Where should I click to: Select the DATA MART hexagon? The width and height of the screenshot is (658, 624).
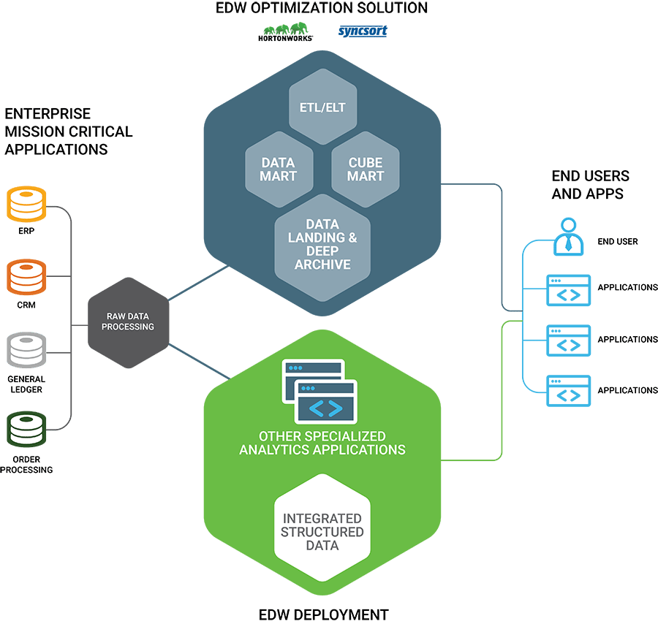point(279,170)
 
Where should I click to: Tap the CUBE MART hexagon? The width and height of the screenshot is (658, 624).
point(366,170)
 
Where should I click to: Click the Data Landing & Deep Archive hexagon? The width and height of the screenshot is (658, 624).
point(322,244)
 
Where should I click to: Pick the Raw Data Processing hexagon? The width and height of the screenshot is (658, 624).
point(128,322)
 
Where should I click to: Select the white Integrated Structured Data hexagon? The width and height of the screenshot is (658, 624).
point(322,530)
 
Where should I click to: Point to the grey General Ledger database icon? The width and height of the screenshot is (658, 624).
point(26,351)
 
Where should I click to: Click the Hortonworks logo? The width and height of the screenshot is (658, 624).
point(285,33)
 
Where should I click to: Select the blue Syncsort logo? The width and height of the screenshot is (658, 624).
point(363,31)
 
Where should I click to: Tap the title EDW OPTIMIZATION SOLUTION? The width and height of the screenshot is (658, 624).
point(322,9)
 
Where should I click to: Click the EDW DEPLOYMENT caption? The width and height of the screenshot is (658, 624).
point(323,615)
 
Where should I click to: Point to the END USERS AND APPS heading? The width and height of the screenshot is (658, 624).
point(590,184)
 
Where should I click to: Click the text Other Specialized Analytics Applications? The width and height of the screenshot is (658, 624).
point(322,443)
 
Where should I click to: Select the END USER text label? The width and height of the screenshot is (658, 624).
point(618,241)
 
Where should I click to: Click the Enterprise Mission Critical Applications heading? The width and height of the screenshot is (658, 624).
point(69,132)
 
